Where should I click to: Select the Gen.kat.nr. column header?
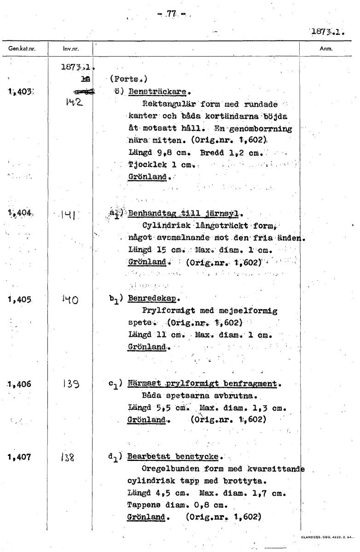(x=23, y=48)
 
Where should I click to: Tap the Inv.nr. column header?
(x=70, y=48)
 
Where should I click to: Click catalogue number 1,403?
(x=19, y=92)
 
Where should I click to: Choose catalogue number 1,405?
(x=19, y=299)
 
